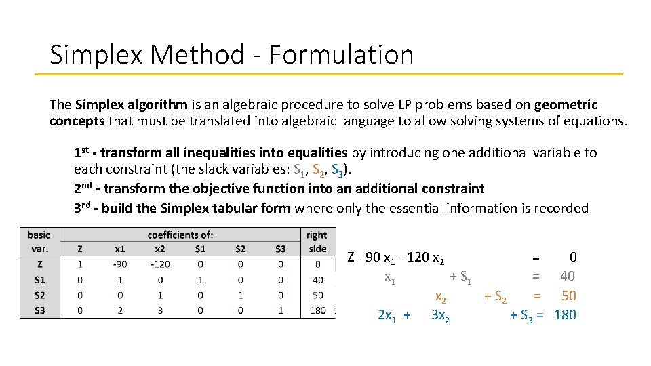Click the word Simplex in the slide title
(x=86, y=55)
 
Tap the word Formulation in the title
(x=340, y=55)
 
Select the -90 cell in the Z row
(x=120, y=264)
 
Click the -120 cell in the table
(x=160, y=264)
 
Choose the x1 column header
(x=120, y=249)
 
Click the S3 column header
(x=281, y=249)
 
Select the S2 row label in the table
(x=39, y=295)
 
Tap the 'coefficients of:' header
(x=180, y=235)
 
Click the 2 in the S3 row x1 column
(x=120, y=310)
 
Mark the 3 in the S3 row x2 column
(x=160, y=310)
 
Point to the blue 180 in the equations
(x=565, y=315)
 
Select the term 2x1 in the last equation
(x=389, y=315)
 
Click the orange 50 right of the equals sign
(x=568, y=296)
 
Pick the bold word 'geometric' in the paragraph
(x=566, y=105)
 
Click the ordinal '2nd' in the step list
(x=85, y=188)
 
